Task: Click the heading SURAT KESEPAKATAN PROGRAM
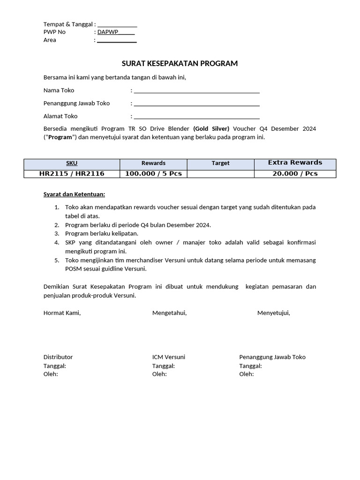pos(180,64)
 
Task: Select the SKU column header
pos(72,164)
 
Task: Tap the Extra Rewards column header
pos(295,163)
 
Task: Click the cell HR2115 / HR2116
pos(72,174)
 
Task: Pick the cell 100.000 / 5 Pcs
pos(153,174)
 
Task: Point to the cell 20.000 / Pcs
pos(295,174)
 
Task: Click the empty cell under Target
pos(220,174)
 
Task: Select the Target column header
pos(220,164)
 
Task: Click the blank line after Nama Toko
pos(196,91)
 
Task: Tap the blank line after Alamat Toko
pos(196,117)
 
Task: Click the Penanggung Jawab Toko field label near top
pos(76,104)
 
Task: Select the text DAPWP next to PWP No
pos(108,32)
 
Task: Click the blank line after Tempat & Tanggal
pos(117,25)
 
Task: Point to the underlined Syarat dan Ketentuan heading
pos(74,194)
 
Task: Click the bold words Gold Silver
pos(211,129)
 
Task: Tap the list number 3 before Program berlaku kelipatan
pos(56,233)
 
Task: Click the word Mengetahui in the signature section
pos(169,313)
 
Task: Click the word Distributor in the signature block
pos(58,357)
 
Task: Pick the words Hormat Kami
pos(62,313)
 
